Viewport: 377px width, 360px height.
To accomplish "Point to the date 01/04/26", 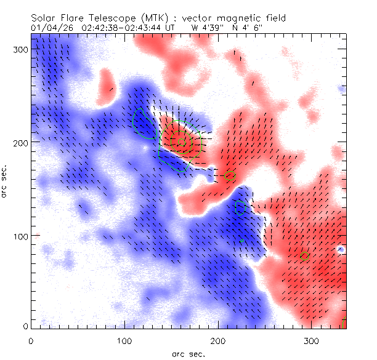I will click(52, 28).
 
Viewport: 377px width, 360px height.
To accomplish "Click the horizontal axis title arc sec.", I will click(188, 354).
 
